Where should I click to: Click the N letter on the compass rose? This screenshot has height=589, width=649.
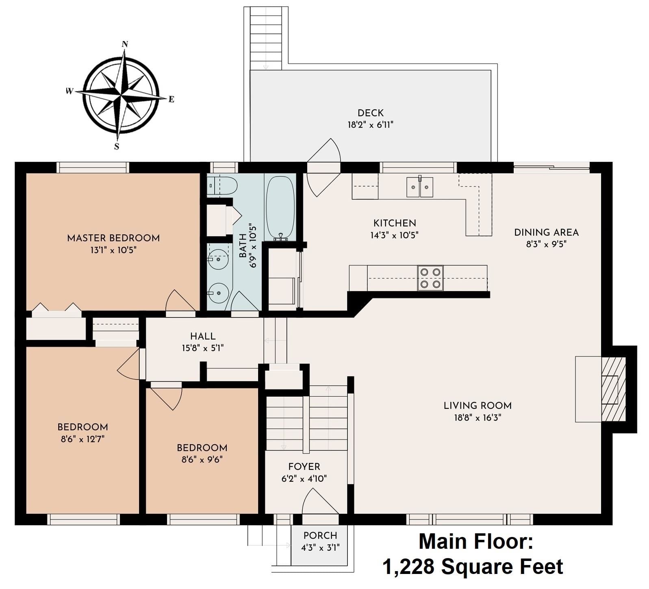[x=125, y=44]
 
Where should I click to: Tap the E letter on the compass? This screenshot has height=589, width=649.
[x=171, y=99]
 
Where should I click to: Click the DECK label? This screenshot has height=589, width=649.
[x=371, y=113]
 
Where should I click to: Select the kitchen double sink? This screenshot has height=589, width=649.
[x=420, y=187]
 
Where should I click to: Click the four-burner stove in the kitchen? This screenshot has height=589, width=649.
[x=430, y=278]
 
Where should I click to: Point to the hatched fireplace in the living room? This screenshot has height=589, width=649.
[x=613, y=389]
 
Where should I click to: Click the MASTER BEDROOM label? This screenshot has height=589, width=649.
[x=113, y=238]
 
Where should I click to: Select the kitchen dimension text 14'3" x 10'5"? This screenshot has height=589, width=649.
[x=394, y=235]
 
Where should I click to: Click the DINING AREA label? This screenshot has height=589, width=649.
[x=546, y=233]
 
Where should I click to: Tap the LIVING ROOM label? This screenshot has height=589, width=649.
[x=478, y=405]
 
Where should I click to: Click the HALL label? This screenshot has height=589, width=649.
[x=203, y=336]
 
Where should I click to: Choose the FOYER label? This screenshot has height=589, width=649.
[x=304, y=467]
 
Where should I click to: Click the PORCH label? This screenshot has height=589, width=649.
[x=320, y=536]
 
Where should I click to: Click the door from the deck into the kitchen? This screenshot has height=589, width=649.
[x=323, y=167]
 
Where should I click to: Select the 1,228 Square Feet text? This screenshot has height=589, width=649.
[x=473, y=567]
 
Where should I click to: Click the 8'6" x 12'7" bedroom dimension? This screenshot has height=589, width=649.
[x=82, y=439]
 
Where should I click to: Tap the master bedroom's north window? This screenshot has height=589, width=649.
[x=93, y=167]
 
